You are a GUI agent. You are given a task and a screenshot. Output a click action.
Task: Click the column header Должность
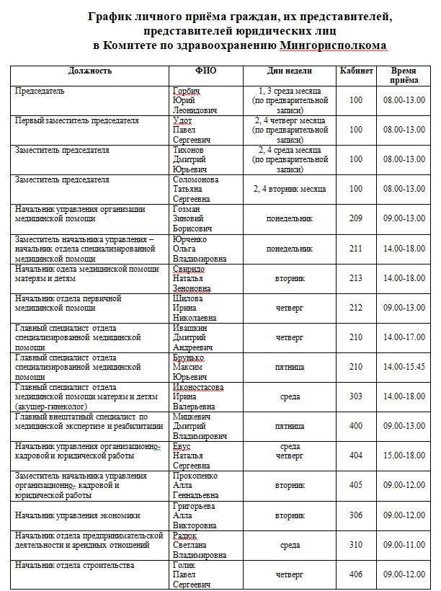(90, 71)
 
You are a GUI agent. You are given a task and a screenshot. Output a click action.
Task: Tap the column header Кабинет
(356, 71)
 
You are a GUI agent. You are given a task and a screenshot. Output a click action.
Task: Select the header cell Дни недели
(289, 71)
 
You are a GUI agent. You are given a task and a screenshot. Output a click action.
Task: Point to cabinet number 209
(356, 218)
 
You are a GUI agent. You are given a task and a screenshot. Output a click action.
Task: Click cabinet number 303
(356, 396)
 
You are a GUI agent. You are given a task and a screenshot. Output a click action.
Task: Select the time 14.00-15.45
(404, 367)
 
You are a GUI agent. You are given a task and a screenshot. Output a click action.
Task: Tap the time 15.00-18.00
(404, 456)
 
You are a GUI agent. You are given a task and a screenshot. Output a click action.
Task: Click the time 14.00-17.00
(404, 337)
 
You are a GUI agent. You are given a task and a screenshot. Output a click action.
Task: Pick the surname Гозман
(187, 209)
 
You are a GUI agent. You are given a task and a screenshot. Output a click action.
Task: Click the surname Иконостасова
(197, 387)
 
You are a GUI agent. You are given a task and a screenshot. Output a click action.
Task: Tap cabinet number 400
(356, 426)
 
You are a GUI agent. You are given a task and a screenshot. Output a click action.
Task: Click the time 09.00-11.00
(404, 545)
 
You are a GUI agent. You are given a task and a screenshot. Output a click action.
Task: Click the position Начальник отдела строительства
(75, 565)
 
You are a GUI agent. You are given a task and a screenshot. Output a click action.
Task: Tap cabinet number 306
(356, 515)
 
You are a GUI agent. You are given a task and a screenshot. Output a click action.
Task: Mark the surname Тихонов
(189, 150)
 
